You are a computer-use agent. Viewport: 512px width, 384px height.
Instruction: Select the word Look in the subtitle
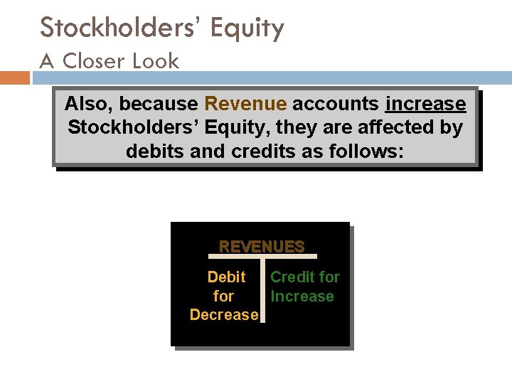click(x=155, y=61)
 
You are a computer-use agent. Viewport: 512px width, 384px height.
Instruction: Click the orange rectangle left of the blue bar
click(x=14, y=77)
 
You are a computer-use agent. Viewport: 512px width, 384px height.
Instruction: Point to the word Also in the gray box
click(x=89, y=105)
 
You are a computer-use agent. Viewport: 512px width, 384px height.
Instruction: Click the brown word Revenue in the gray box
click(x=245, y=104)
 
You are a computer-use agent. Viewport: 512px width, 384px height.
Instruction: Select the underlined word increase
click(x=425, y=104)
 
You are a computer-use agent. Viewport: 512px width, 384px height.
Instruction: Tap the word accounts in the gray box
click(x=336, y=104)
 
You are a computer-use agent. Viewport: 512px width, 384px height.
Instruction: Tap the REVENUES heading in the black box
click(x=262, y=247)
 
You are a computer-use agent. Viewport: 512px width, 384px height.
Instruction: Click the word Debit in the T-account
click(x=226, y=277)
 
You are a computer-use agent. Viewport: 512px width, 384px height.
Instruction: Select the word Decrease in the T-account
click(x=223, y=314)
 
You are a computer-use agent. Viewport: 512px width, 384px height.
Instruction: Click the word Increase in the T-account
click(x=302, y=296)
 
